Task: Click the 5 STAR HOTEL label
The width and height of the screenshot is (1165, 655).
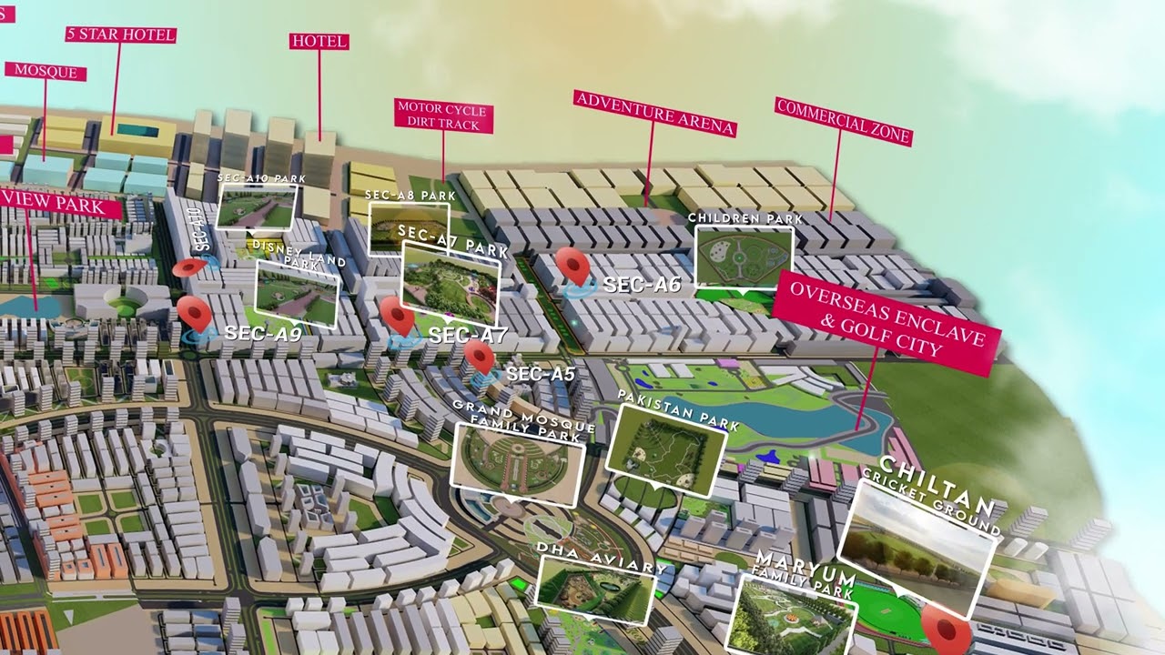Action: pyautogui.click(x=120, y=35)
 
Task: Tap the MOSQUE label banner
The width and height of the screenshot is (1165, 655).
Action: pyautogui.click(x=46, y=72)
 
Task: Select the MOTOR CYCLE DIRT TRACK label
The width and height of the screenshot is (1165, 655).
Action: pyautogui.click(x=443, y=116)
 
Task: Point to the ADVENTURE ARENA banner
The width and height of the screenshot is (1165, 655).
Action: pyautogui.click(x=653, y=112)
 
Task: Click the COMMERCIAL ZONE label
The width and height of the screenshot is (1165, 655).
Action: pyautogui.click(x=843, y=121)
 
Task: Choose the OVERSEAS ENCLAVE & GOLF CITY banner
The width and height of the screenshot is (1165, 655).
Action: pyautogui.click(x=886, y=322)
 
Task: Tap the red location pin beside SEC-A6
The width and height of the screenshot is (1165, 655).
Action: pyautogui.click(x=573, y=266)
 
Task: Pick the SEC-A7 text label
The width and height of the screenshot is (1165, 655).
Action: pyautogui.click(x=467, y=336)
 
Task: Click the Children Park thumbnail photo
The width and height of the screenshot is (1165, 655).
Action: pyautogui.click(x=744, y=257)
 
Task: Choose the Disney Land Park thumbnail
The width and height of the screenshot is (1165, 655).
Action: pyautogui.click(x=297, y=293)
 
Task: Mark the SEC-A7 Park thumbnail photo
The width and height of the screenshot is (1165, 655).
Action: pyautogui.click(x=451, y=282)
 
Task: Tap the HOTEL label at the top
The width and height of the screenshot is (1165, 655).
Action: pyautogui.click(x=319, y=41)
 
